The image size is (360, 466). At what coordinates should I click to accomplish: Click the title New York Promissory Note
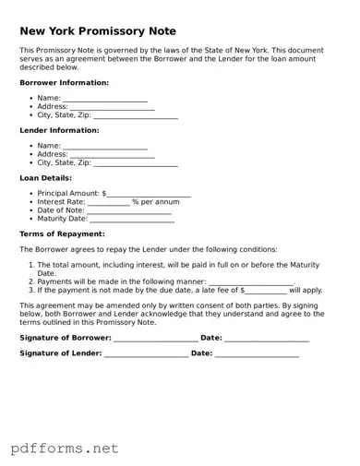98,31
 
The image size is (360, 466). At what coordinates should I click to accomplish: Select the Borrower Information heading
64,83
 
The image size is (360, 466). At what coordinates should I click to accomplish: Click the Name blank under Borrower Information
104,98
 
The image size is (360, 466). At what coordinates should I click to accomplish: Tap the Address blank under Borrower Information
112,107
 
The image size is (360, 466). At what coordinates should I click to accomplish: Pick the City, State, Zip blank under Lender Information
136,163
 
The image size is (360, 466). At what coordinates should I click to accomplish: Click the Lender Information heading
59,131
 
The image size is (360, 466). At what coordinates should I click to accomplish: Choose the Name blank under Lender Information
104,146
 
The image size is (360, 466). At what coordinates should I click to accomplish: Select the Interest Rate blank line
108,202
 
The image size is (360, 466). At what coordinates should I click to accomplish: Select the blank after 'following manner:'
250,281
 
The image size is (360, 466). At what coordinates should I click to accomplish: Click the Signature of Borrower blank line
155,339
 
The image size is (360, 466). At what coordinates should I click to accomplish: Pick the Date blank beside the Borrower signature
267,339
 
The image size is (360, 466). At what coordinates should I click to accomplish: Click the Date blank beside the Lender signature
258,353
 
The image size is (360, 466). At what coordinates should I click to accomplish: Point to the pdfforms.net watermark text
65,448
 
